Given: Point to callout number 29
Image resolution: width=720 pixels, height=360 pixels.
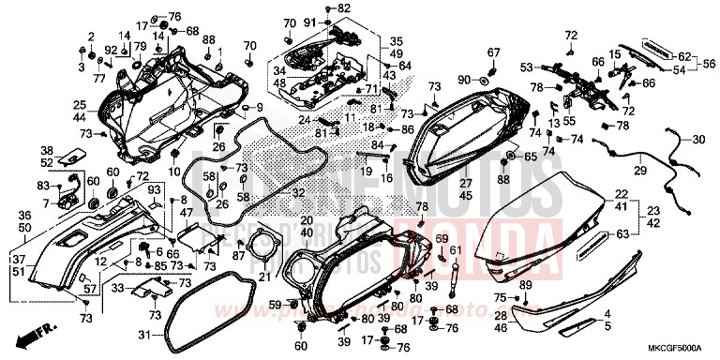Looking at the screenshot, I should click(642, 170).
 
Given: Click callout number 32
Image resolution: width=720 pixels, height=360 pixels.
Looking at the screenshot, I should click(298, 192).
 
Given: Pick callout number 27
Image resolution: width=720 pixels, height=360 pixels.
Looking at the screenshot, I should click(465, 185).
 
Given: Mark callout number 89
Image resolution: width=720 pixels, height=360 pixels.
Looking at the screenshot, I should click(525, 284).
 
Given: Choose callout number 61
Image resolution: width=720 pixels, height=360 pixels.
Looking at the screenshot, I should click(457, 250).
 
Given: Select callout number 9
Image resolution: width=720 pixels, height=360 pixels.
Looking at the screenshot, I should click(259, 108).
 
